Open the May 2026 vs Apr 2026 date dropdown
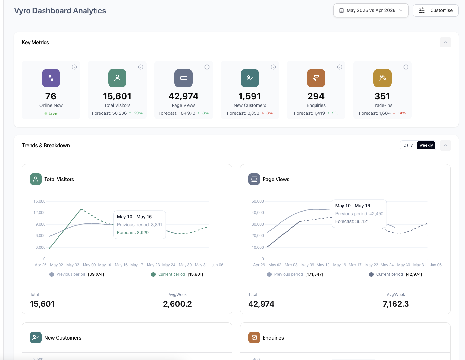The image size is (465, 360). click(371, 10)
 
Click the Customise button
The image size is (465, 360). click(435, 10)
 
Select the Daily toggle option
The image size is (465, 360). click(408, 145)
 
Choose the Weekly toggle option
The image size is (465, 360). click(426, 145)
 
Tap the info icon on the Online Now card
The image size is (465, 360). click(74, 67)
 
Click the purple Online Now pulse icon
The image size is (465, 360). click(51, 78)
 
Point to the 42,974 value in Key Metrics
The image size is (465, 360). click(183, 96)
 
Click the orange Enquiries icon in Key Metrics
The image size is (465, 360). click(316, 78)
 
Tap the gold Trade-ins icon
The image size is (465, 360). click(382, 78)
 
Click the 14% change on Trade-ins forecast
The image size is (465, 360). click(401, 113)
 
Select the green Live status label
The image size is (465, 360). click(53, 113)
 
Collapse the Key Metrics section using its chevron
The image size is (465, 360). click(445, 42)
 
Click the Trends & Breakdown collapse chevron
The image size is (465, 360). click(445, 145)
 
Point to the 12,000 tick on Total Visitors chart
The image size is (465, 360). click(39, 213)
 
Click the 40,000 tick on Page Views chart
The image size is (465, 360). click(258, 213)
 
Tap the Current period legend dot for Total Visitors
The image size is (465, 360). click(153, 274)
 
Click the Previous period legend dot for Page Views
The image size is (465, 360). click(269, 274)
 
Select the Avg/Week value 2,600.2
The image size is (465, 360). click(177, 304)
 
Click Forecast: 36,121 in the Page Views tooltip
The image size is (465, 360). click(352, 221)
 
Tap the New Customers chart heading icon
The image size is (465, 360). click(36, 338)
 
